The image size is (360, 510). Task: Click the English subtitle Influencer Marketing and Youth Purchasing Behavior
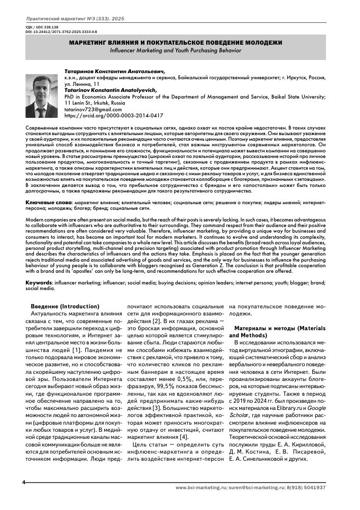176,51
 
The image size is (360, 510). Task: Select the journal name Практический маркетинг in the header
56,19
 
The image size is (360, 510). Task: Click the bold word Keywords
39,281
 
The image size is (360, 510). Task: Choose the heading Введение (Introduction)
65,306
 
